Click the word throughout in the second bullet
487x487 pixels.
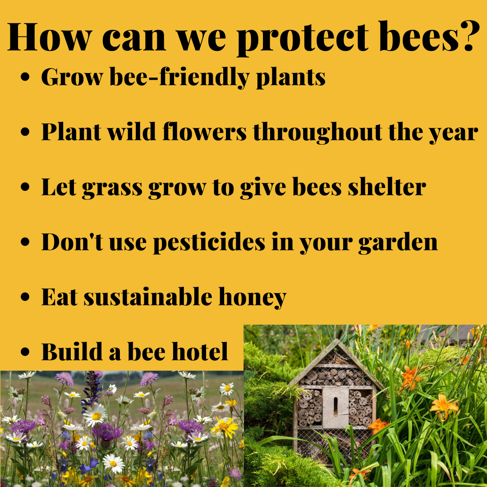318,133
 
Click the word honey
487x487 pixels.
253,298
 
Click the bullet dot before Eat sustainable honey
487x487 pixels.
25,297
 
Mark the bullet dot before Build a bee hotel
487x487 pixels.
25,352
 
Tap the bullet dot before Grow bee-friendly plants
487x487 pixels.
25,77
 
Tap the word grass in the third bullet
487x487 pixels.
112,188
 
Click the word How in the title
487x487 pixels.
50,37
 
